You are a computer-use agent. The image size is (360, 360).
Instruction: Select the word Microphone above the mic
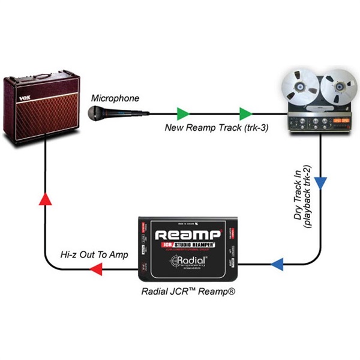(115, 98)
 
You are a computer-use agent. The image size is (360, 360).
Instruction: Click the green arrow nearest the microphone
(182, 112)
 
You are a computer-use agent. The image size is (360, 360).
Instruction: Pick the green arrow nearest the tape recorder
(244, 112)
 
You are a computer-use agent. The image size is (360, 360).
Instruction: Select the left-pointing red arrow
(96, 272)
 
